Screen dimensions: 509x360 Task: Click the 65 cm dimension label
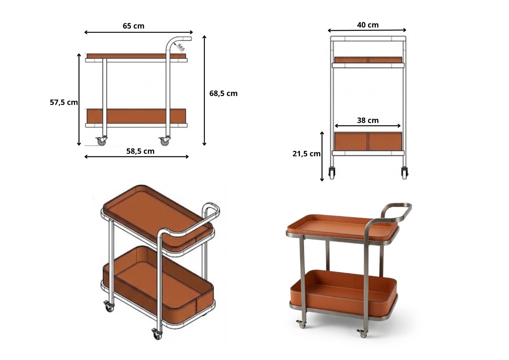(x=133, y=26)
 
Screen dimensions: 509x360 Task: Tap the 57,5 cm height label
(x=64, y=102)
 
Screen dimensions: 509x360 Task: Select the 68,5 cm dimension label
(x=223, y=94)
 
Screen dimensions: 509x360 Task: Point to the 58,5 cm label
(x=140, y=151)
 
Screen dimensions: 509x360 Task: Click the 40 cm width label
(x=368, y=25)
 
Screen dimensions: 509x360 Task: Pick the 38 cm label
(x=368, y=120)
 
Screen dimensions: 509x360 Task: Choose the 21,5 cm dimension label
(x=306, y=154)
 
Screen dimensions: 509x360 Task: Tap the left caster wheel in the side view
(x=101, y=141)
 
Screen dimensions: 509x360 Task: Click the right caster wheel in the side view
(x=164, y=141)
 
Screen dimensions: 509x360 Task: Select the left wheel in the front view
(x=332, y=173)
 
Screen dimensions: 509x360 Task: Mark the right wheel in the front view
(x=404, y=173)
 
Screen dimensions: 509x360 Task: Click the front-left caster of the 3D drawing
(x=109, y=306)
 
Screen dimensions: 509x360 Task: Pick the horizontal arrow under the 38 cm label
(x=368, y=126)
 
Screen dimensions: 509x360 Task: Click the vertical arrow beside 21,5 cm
(x=322, y=156)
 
